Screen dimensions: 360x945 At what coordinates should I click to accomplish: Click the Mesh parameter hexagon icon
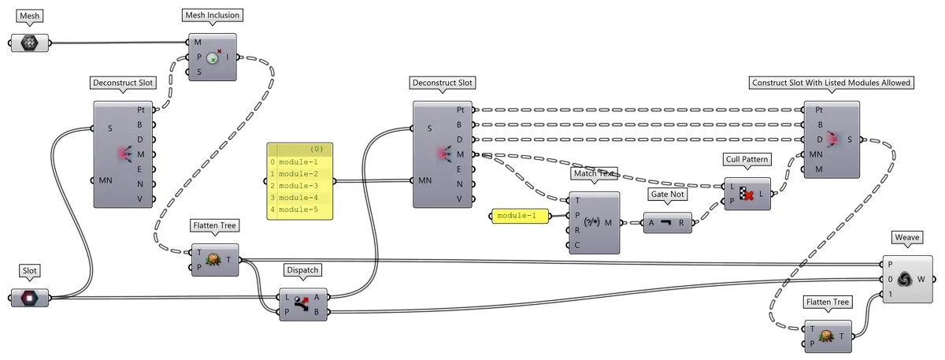coord(30,43)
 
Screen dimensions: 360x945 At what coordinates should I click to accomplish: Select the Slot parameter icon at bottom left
coord(30,298)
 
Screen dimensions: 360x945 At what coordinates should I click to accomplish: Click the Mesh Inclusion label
coord(212,15)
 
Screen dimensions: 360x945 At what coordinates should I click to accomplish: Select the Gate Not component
coord(668,223)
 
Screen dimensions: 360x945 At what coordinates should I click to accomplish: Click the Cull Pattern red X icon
coord(747,193)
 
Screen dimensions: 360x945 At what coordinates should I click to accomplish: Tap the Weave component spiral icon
coord(904,278)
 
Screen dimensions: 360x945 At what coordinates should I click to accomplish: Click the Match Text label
coord(595,173)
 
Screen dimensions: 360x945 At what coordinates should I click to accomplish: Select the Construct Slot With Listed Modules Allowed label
coord(832,83)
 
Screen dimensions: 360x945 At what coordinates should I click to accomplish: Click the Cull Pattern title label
coord(747,159)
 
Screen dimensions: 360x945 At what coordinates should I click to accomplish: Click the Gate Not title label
coord(668,193)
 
